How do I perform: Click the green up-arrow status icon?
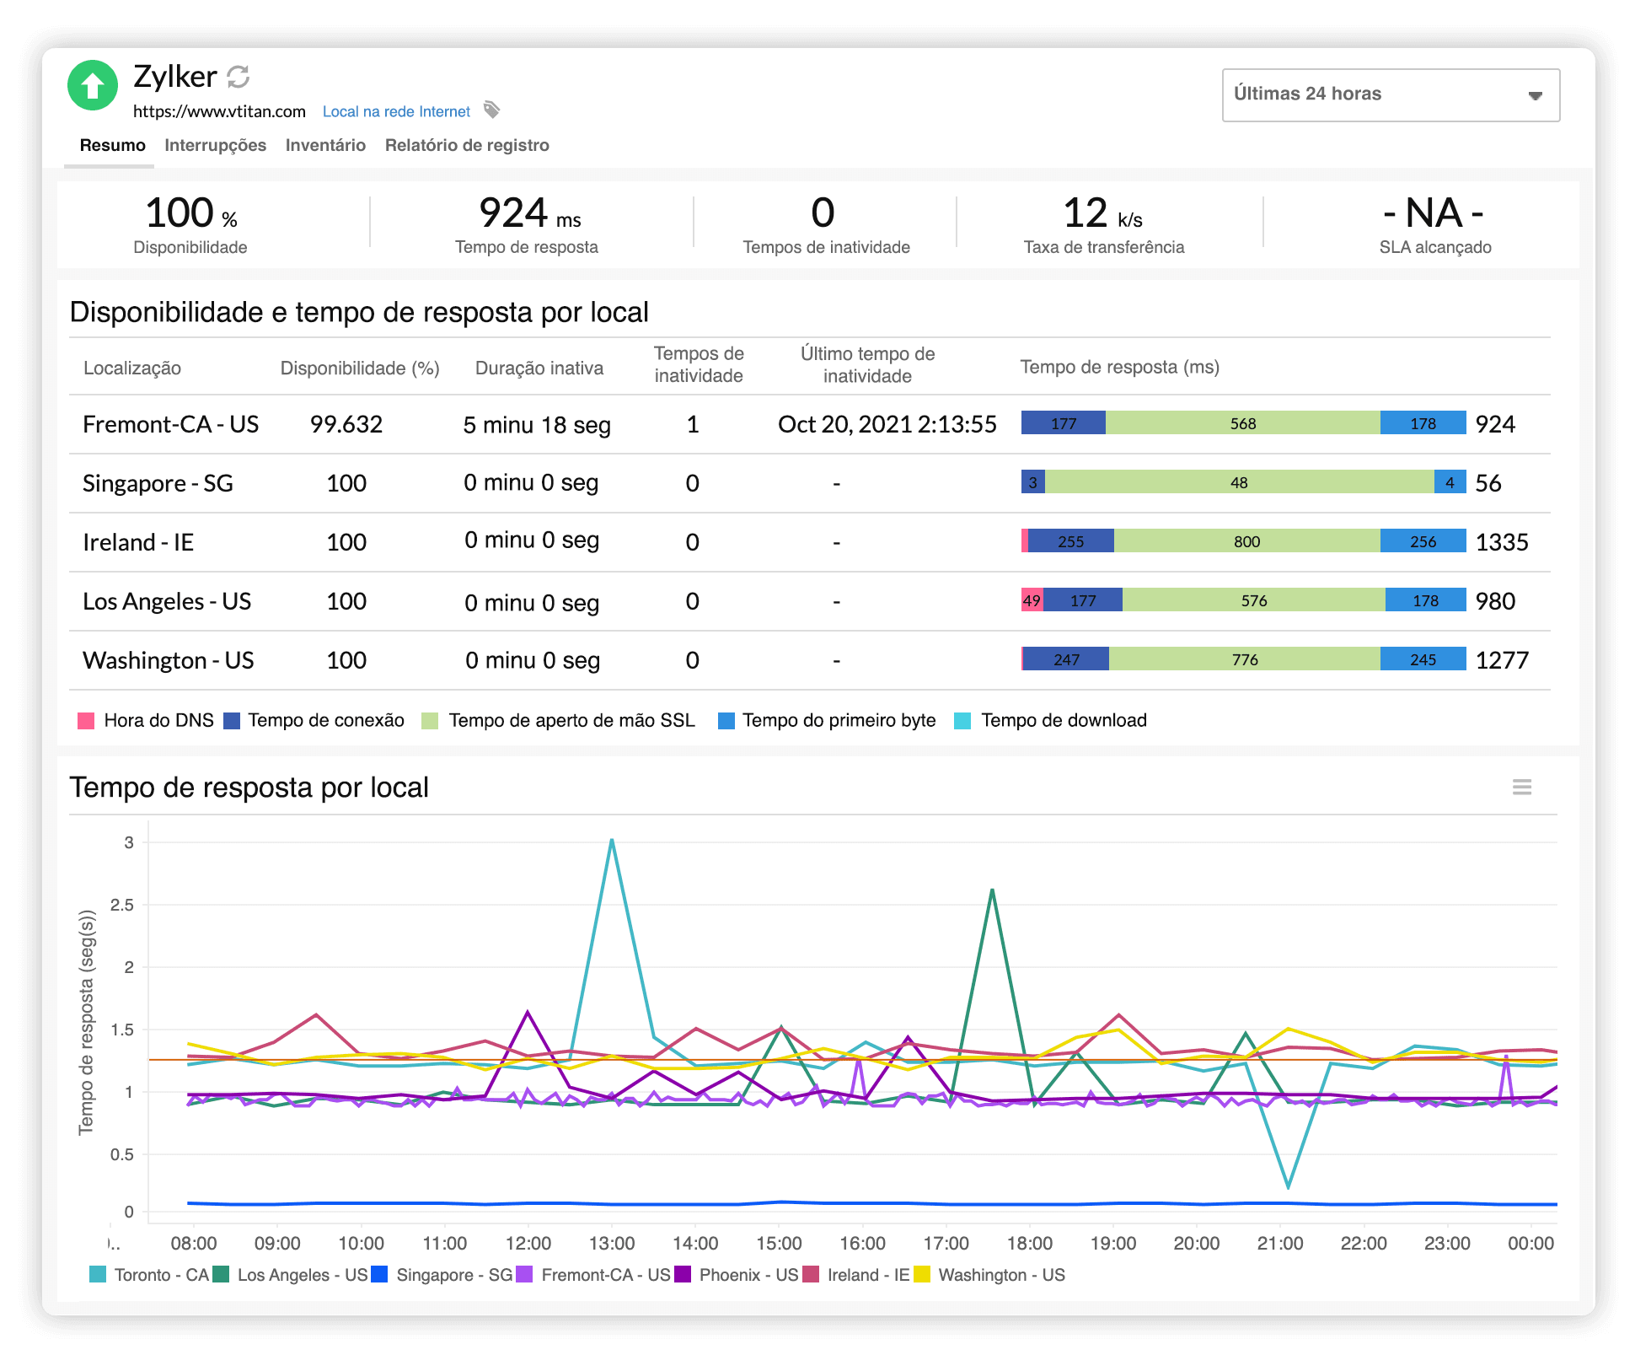click(92, 85)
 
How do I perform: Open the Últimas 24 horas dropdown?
click(1390, 95)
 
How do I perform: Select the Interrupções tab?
click(215, 145)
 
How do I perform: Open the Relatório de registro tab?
click(466, 145)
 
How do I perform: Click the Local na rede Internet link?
click(396, 111)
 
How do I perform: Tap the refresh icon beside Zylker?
click(239, 77)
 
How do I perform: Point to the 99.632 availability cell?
click(346, 424)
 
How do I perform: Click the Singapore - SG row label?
click(158, 483)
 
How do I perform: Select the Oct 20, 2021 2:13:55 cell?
click(887, 424)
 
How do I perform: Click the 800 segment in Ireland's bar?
click(1246, 541)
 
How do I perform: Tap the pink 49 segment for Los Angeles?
click(1032, 600)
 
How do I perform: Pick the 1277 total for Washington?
click(1501, 660)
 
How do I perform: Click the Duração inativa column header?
click(539, 368)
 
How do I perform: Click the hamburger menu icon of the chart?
click(1521, 787)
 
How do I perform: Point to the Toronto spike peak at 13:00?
click(611, 840)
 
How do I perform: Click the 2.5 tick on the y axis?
click(122, 905)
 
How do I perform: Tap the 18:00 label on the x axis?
click(1029, 1243)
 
